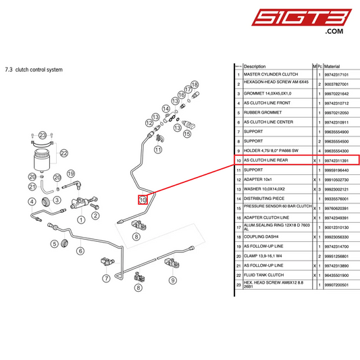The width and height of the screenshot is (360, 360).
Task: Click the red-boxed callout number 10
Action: click(143, 199)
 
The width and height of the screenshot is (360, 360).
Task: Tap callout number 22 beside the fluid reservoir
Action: click(64, 153)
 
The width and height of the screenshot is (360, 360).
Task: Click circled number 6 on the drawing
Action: click(80, 251)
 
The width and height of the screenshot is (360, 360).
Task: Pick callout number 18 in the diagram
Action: click(195, 84)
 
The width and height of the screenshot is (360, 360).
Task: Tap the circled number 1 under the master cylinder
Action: click(81, 219)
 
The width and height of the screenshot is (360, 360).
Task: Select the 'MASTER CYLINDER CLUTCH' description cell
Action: click(271, 74)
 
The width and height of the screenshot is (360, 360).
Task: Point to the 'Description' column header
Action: click(255, 66)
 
